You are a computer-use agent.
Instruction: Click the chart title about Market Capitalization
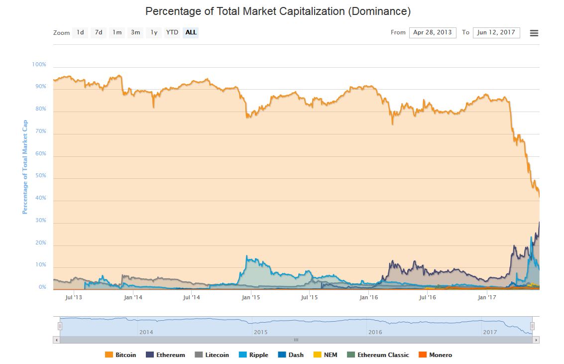pyautogui.click(x=278, y=11)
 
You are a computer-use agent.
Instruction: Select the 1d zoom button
pyautogui.click(x=80, y=32)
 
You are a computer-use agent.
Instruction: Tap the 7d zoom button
pyautogui.click(x=99, y=32)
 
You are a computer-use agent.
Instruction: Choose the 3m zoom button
pyautogui.click(x=135, y=32)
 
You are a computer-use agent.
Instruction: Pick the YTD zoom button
pyautogui.click(x=172, y=32)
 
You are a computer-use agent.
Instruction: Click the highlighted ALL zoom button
pyautogui.click(x=191, y=32)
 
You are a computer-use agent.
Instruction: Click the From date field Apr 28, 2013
pyautogui.click(x=432, y=32)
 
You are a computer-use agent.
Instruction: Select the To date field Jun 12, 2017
pyautogui.click(x=496, y=32)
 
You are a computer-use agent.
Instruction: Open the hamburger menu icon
pyautogui.click(x=534, y=33)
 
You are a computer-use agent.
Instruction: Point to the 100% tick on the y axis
pyautogui.click(x=39, y=65)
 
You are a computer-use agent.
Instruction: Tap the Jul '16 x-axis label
pyautogui.click(x=427, y=298)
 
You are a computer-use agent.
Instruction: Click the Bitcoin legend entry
pyautogui.click(x=120, y=355)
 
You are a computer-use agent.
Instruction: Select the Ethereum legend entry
pyautogui.click(x=165, y=355)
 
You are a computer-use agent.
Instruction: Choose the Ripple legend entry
pyautogui.click(x=254, y=355)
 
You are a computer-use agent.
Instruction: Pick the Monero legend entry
pyautogui.click(x=435, y=355)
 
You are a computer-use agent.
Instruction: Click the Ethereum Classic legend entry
pyautogui.click(x=378, y=355)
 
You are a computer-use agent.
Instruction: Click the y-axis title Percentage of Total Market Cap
pyautogui.click(x=25, y=167)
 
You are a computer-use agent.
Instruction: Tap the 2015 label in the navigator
pyautogui.click(x=261, y=332)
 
